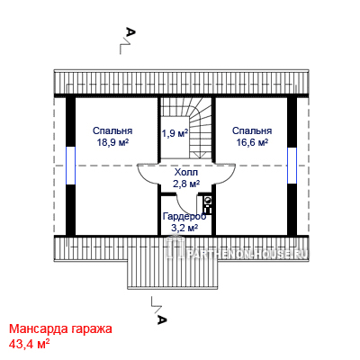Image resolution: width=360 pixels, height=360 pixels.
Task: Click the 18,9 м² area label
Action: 112,142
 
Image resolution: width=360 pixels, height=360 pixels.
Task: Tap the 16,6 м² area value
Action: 252,142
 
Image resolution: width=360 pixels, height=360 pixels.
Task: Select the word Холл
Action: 186,173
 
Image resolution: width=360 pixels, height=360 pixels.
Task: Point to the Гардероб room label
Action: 184,216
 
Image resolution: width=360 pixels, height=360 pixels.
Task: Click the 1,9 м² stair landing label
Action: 175,133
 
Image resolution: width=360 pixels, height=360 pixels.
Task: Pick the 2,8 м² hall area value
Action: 186,184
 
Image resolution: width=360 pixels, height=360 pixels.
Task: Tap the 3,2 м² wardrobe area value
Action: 184,228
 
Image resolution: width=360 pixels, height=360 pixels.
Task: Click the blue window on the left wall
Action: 70,166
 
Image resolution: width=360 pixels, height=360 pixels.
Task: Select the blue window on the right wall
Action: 292,166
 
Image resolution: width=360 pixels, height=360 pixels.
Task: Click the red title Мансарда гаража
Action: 60,328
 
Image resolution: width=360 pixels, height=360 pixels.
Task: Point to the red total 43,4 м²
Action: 29,344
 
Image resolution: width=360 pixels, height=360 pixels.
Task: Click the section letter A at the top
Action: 130,31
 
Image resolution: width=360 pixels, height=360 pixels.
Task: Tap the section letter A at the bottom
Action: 162,319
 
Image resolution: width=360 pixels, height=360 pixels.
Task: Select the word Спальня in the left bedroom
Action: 112,131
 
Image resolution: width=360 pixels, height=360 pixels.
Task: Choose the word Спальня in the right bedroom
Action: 252,131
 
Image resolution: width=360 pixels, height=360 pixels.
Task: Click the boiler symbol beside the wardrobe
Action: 208,204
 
